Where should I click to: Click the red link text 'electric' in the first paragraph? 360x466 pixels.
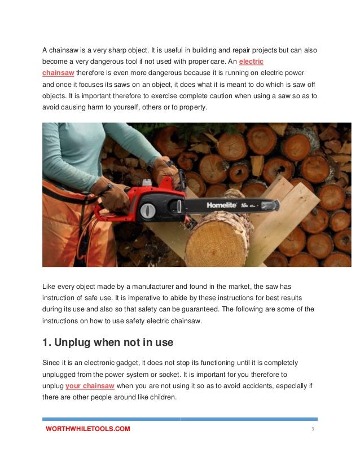(x=251, y=61)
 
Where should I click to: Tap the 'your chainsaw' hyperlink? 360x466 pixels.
(x=90, y=386)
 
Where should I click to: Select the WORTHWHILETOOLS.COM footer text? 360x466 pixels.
(x=88, y=429)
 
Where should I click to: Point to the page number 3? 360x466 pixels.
(x=312, y=429)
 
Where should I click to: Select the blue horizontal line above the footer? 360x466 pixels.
(x=180, y=419)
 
